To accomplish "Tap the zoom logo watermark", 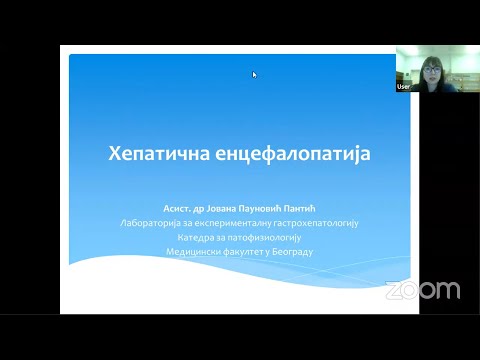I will coord(422,290).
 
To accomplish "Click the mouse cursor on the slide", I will coord(255,74).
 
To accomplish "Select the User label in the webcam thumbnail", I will coord(404,87).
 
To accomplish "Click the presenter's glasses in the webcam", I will coord(437,68).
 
